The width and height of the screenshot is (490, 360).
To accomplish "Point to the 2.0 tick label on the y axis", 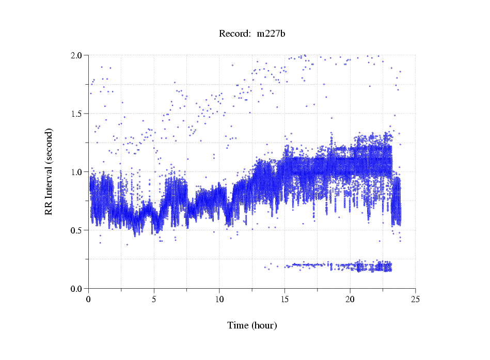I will pyautogui.click(x=79, y=55).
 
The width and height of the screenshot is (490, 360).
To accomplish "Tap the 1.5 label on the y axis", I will pyautogui.click(x=79, y=114).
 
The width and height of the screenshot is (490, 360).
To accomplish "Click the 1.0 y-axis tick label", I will pyautogui.click(x=79, y=172).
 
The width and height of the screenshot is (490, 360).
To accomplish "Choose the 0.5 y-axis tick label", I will pyautogui.click(x=79, y=230).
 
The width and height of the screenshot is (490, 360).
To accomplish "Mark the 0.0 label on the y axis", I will pyautogui.click(x=79, y=289).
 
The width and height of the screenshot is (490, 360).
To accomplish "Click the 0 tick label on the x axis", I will pyautogui.click(x=89, y=299).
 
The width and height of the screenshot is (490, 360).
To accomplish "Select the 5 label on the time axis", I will pyautogui.click(x=154, y=299).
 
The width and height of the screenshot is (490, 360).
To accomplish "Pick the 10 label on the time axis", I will pyautogui.click(x=219, y=299).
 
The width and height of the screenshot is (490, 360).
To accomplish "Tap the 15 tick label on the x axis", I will pyautogui.click(x=284, y=299).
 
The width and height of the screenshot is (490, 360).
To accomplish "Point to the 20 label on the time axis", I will pyautogui.click(x=350, y=299).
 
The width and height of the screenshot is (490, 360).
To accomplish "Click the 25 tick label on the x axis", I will pyautogui.click(x=415, y=299).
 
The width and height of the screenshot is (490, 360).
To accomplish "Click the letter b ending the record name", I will pyautogui.click(x=283, y=34).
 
